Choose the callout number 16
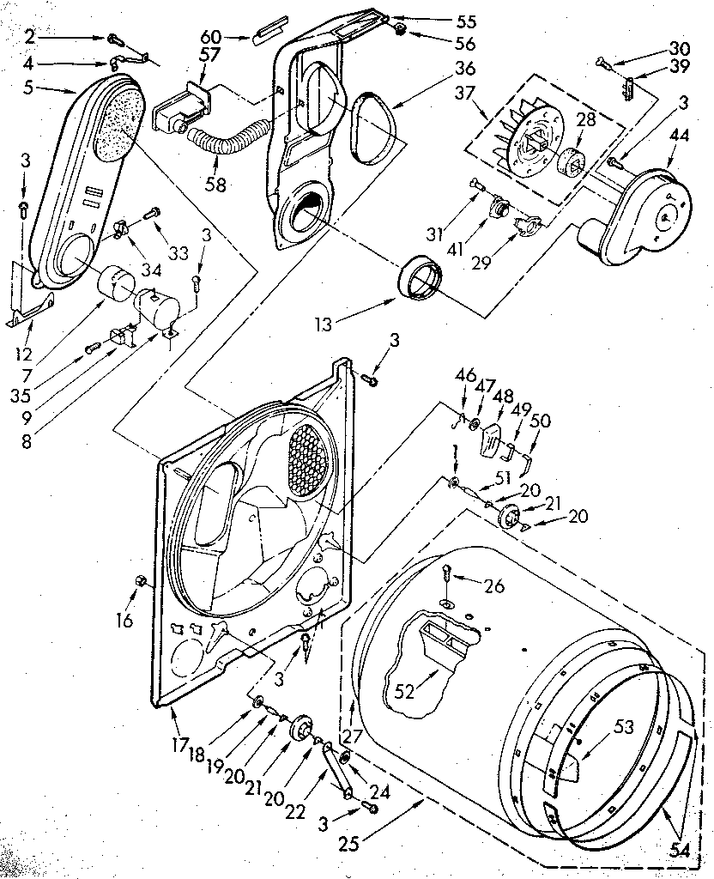point(124,619)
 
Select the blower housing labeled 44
point(647,211)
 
